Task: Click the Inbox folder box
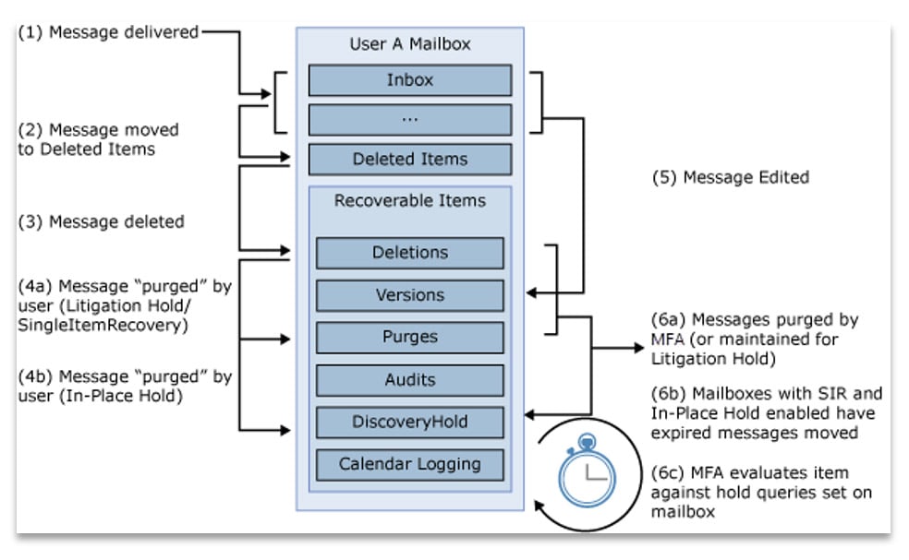tap(409, 80)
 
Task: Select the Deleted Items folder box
tap(409, 159)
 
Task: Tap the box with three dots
tap(409, 120)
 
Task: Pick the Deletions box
tap(409, 253)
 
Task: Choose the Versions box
tap(409, 295)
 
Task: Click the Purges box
tap(409, 338)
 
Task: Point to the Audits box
tap(409, 379)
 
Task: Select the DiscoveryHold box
tap(409, 422)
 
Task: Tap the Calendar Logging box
tap(409, 463)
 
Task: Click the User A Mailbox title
tap(409, 43)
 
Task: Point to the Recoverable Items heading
tap(409, 200)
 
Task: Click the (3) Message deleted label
tap(103, 221)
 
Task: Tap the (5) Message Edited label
tap(730, 177)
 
